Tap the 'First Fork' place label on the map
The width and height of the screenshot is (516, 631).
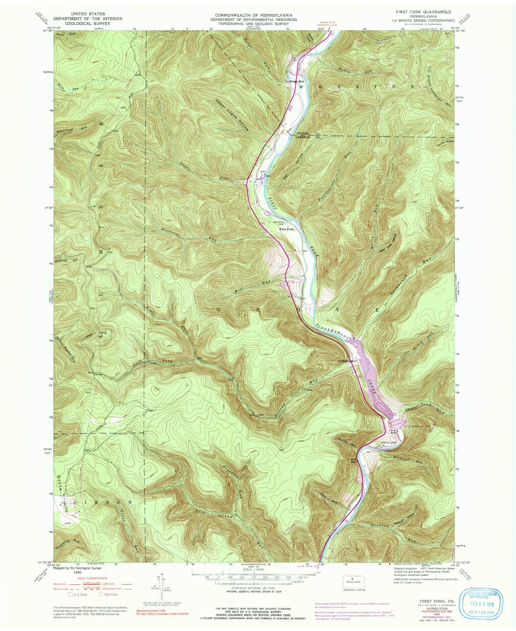[286, 229]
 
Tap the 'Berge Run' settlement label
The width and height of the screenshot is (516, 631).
[296, 81]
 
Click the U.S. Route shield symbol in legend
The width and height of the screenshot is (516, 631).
[71, 595]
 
